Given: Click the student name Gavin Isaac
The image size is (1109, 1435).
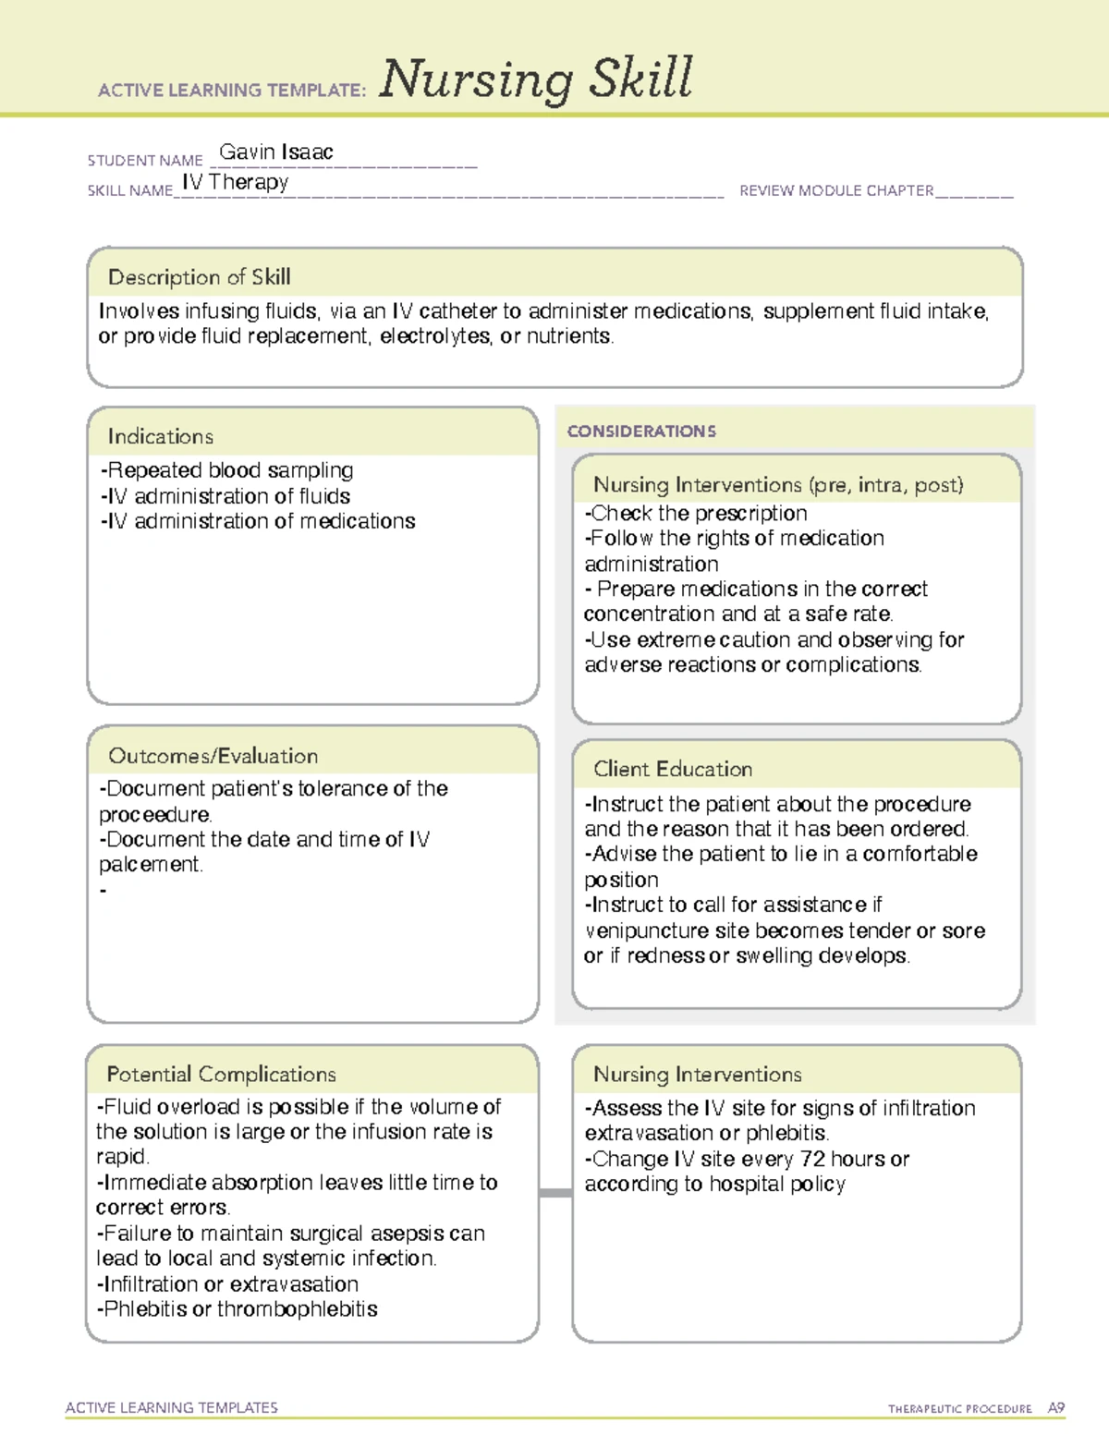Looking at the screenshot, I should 275,152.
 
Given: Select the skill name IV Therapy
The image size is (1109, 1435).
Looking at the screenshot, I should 236,182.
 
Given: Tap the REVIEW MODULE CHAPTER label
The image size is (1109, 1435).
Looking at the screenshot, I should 836,190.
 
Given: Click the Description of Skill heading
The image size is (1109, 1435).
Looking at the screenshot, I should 199,277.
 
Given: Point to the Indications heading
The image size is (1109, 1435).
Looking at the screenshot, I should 161,436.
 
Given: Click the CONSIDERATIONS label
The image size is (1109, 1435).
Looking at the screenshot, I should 641,432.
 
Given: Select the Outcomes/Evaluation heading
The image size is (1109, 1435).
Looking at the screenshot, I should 213,756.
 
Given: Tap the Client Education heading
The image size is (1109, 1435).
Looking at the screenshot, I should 673,769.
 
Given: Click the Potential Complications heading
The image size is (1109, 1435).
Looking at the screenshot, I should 221,1074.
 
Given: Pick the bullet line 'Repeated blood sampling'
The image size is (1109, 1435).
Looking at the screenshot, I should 227,470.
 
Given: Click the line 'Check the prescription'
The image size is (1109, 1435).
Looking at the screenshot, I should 697,513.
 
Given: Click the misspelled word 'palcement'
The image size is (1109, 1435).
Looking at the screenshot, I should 150,865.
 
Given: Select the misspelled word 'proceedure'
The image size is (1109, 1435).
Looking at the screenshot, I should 155,815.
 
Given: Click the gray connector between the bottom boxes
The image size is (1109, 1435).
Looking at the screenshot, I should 555,1193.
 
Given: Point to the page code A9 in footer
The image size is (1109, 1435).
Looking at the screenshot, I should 1056,1408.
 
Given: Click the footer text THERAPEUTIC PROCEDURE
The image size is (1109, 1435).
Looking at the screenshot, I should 959,1409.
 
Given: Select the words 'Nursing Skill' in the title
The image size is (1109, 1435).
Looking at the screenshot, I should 536,79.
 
